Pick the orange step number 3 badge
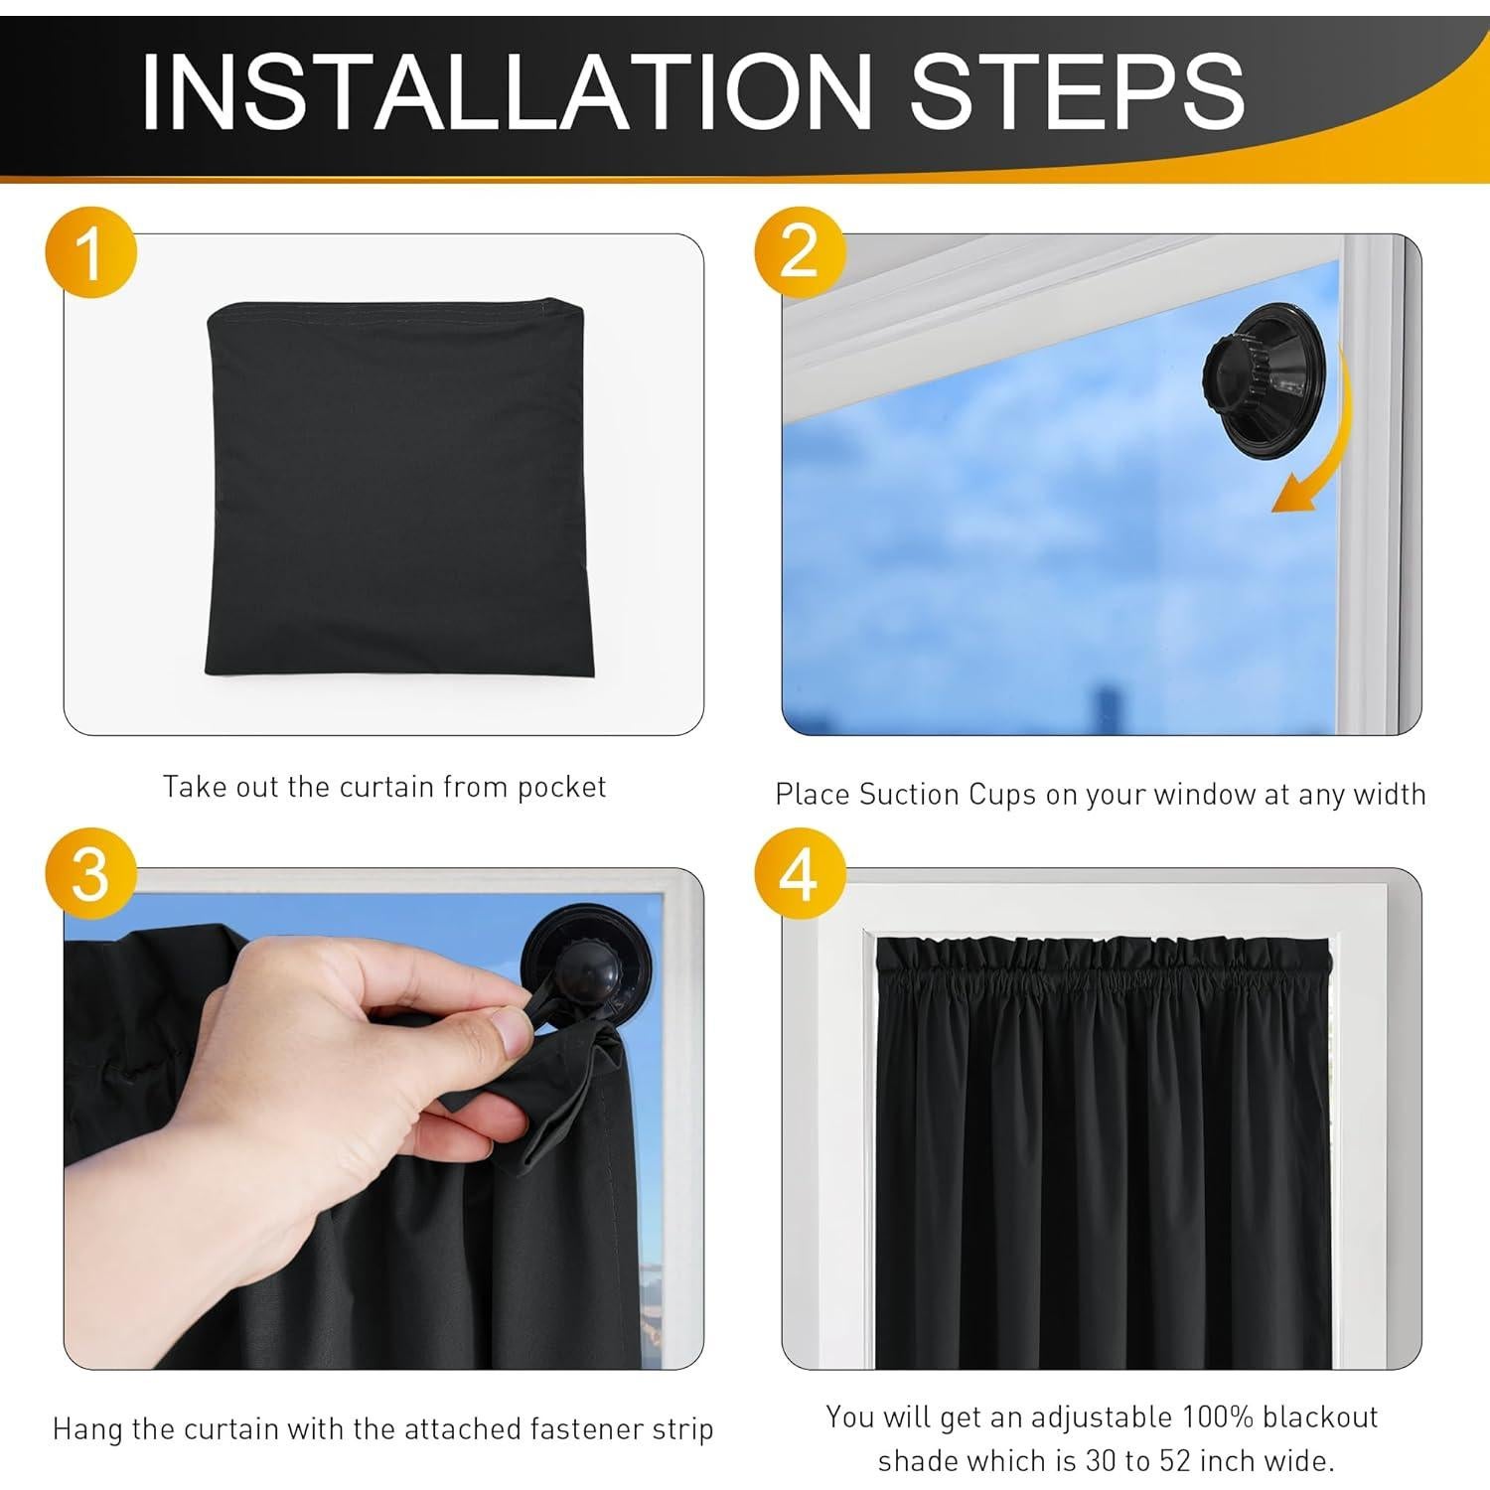point(90,874)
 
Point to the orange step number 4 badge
point(800,874)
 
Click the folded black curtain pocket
point(400,490)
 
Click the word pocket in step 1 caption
point(561,788)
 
